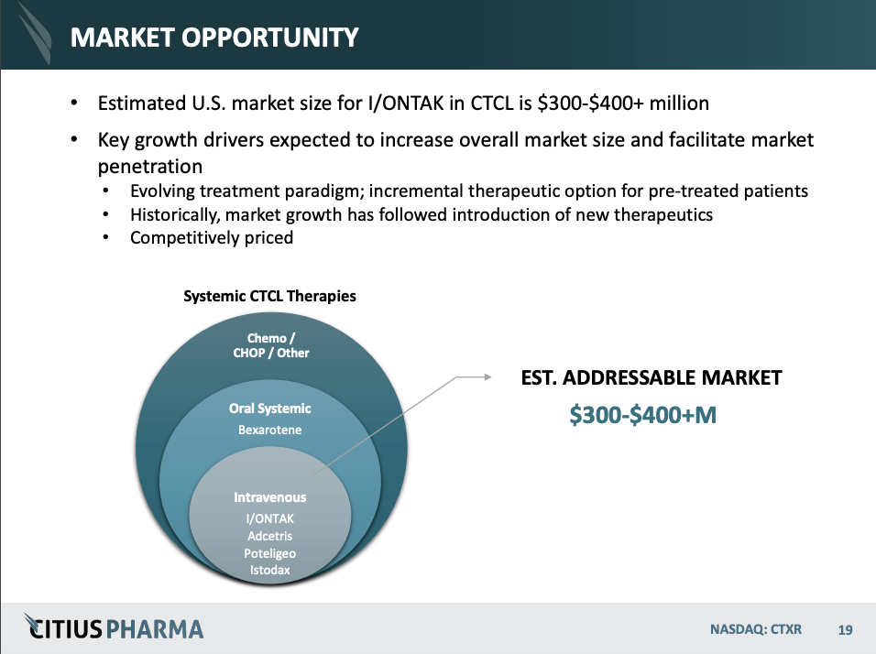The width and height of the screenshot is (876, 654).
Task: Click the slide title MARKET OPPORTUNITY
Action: click(x=214, y=38)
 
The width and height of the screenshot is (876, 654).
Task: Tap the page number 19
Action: click(x=845, y=630)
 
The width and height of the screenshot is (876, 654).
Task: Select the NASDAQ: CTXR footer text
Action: click(x=755, y=630)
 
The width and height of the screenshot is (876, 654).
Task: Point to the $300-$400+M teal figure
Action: click(x=642, y=415)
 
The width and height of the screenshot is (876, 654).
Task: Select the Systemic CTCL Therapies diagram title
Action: click(x=269, y=297)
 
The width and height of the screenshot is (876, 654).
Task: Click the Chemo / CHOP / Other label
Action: click(x=271, y=345)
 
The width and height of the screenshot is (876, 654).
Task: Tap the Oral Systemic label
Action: click(x=269, y=409)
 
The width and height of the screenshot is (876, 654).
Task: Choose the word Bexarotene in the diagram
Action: click(x=269, y=430)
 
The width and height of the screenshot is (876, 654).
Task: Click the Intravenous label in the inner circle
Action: click(x=269, y=497)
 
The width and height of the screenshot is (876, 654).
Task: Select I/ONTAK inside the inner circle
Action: click(x=269, y=518)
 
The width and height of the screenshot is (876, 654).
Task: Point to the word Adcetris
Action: click(x=269, y=536)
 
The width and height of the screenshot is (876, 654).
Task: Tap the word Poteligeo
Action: click(x=269, y=553)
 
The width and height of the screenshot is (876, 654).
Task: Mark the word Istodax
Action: click(x=269, y=570)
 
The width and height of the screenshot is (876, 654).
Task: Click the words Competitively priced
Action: click(x=212, y=238)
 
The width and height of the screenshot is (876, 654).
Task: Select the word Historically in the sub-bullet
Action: click(x=171, y=214)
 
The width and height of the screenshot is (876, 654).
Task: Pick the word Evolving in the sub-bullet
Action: click(x=162, y=191)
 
